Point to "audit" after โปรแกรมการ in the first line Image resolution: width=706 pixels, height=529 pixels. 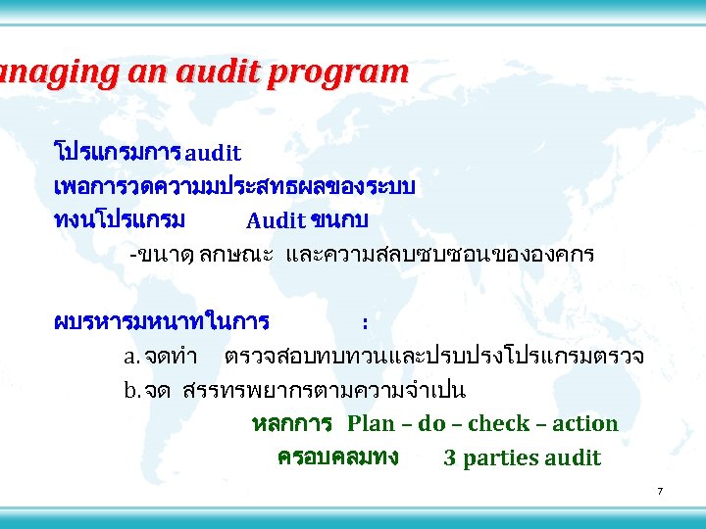213,154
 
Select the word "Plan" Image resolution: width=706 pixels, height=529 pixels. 371,424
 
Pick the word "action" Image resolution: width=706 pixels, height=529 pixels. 585,424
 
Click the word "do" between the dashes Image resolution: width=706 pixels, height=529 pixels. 431,424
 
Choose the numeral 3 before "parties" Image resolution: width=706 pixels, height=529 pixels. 449,458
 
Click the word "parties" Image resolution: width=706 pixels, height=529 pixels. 500,458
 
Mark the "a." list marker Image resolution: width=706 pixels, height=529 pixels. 129,357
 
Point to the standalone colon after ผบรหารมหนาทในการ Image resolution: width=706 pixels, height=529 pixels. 365,322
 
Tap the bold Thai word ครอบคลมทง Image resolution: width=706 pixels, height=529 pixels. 337,457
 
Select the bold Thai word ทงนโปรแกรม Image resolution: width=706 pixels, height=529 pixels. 120,219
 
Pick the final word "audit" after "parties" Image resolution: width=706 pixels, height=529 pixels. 574,458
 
